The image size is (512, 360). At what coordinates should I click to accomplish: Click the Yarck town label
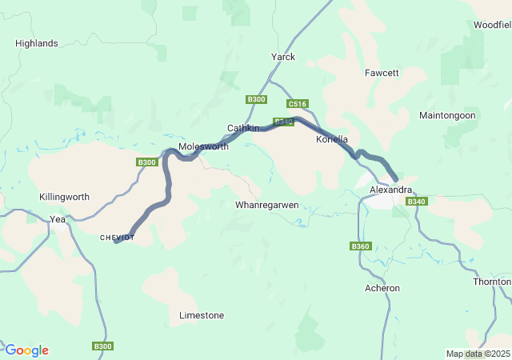[x=283, y=57]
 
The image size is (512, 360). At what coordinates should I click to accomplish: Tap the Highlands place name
[x=37, y=43]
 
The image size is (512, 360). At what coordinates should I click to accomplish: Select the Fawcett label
[x=382, y=72]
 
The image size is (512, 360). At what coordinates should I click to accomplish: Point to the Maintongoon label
[x=447, y=115]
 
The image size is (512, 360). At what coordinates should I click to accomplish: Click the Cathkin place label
[x=243, y=128]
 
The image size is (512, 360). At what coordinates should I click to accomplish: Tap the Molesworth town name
[x=203, y=147]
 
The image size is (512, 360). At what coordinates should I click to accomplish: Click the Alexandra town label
[x=391, y=190]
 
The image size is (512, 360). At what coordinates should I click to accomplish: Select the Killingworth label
[x=64, y=197]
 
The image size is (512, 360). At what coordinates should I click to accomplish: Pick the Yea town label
[x=58, y=218]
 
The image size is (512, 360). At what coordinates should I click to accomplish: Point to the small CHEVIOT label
[x=117, y=238]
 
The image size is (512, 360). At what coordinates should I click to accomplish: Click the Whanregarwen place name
[x=267, y=205]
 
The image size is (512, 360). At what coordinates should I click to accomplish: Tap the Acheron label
[x=382, y=288]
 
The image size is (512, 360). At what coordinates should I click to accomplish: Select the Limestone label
[x=202, y=315]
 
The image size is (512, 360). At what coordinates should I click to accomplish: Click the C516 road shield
[x=297, y=104]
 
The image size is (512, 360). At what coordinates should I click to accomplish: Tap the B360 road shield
[x=361, y=246]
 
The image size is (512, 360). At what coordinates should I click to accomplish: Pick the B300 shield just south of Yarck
[x=256, y=98]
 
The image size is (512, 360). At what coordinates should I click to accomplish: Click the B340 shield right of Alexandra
[x=417, y=202]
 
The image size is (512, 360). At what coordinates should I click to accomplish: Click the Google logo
[x=26, y=350]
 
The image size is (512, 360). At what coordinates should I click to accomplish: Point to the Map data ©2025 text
[x=477, y=354]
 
